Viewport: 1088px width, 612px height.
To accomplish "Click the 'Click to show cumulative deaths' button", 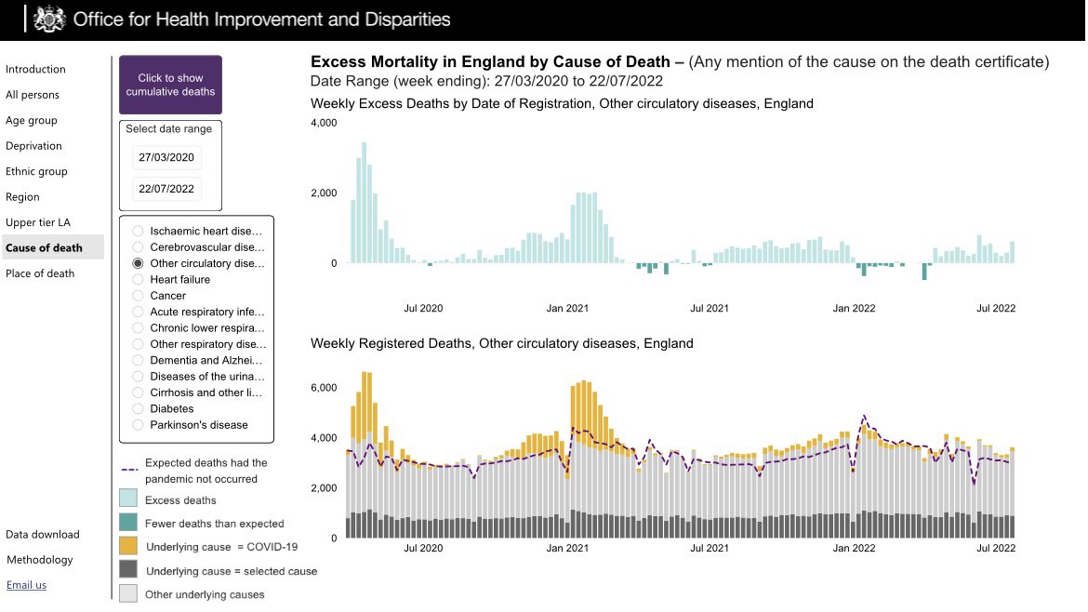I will pyautogui.click(x=170, y=86).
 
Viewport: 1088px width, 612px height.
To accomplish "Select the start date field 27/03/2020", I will pyautogui.click(x=166, y=158).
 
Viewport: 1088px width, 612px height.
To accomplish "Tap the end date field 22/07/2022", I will pyautogui.click(x=166, y=189).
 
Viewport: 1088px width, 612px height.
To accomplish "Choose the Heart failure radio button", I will pyautogui.click(x=138, y=279).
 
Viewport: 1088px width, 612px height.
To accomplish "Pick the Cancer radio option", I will pyautogui.click(x=138, y=296).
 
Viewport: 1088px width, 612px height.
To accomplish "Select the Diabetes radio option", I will pyautogui.click(x=138, y=408).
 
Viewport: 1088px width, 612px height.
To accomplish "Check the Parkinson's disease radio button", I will pyautogui.click(x=138, y=425).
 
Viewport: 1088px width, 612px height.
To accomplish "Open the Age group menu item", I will pyautogui.click(x=32, y=120).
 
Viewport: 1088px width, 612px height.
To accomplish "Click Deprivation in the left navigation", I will pyautogui.click(x=33, y=146).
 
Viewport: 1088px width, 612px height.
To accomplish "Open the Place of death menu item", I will pyautogui.click(x=40, y=273).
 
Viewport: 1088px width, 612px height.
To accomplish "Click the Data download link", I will pyautogui.click(x=43, y=535).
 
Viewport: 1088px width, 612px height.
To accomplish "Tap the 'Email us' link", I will pyautogui.click(x=26, y=585).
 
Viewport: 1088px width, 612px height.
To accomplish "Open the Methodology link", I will pyautogui.click(x=40, y=560).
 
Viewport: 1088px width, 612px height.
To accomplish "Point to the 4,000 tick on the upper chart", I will pyautogui.click(x=325, y=123).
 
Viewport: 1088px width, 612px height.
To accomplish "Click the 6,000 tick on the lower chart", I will pyautogui.click(x=325, y=387).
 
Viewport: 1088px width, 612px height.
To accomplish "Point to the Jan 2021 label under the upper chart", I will pyautogui.click(x=567, y=308).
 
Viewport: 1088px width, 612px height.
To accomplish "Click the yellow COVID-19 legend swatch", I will pyautogui.click(x=129, y=546).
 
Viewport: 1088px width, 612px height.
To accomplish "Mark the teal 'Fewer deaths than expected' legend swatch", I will pyautogui.click(x=129, y=524).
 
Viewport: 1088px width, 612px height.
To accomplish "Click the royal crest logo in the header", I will pyautogui.click(x=49, y=19).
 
